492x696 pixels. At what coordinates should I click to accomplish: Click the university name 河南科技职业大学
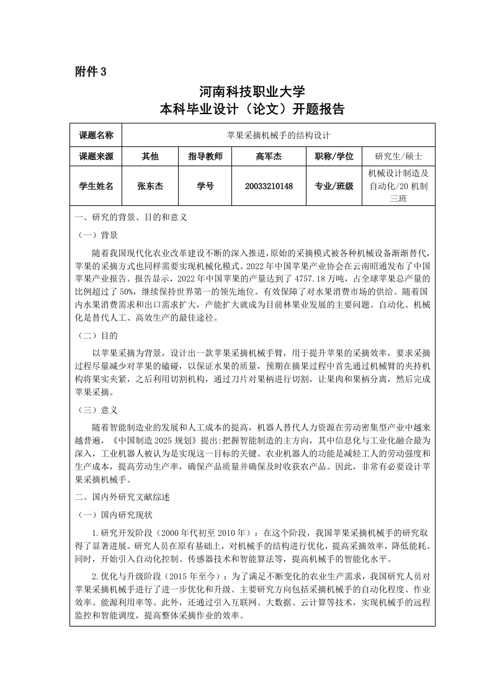tap(252, 92)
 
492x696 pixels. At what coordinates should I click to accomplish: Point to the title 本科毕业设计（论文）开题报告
tap(252, 110)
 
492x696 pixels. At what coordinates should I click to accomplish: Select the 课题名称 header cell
tap(96, 135)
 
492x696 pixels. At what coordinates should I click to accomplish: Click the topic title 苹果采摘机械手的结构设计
tap(278, 135)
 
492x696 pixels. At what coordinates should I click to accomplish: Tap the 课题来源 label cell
tap(96, 156)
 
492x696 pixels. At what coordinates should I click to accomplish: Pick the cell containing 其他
tap(150, 156)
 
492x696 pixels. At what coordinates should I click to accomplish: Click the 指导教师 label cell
tap(205, 156)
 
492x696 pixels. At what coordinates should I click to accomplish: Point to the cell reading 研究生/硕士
tap(398, 156)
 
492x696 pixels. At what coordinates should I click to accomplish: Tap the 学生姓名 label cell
tap(96, 186)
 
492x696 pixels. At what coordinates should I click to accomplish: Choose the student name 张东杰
tap(150, 186)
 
